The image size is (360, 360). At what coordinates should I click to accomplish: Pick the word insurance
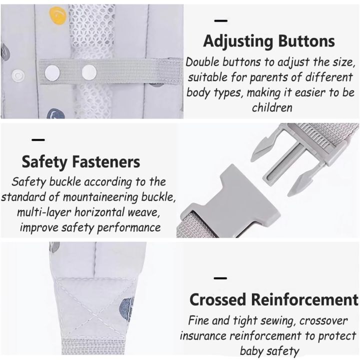click(204, 336)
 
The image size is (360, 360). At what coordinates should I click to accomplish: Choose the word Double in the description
click(203, 63)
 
